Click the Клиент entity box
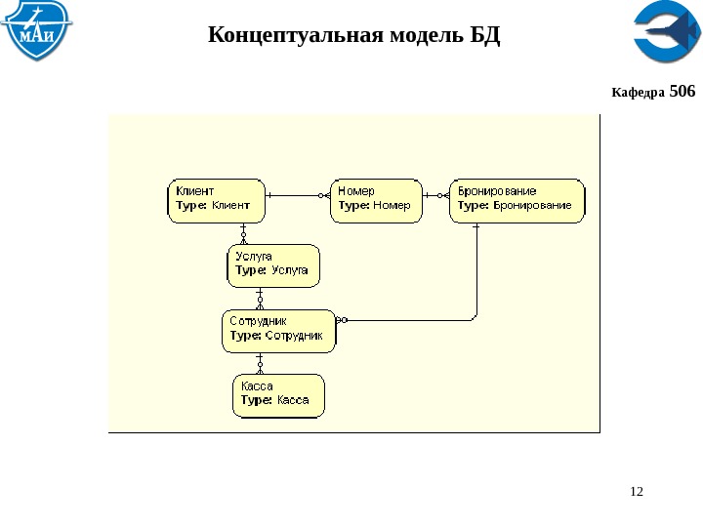216,199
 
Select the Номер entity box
376,199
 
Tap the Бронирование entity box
517,199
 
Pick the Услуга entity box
273,264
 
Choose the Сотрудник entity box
278,330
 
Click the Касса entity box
278,395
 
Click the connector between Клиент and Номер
298,195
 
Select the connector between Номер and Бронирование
436,195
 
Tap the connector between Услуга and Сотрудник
260,299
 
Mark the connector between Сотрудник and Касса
260,363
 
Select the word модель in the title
429,37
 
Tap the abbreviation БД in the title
485,37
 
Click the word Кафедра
638,93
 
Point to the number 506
683,92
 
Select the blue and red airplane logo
665,33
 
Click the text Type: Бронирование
515,206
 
